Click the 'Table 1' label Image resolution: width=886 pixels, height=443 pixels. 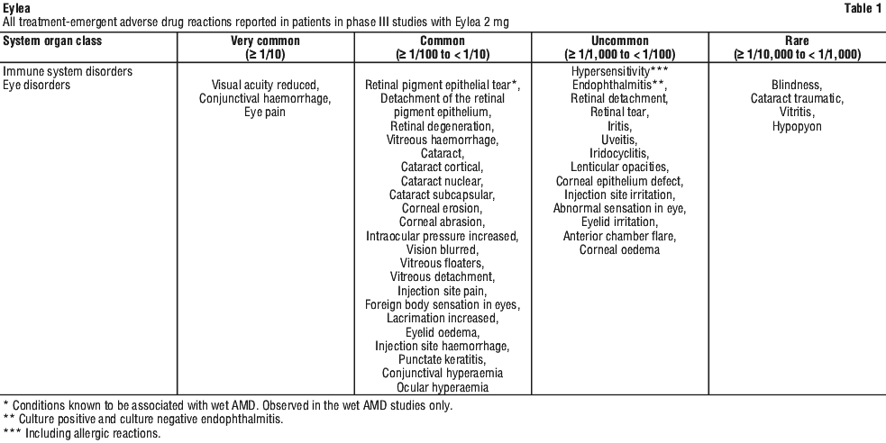point(863,8)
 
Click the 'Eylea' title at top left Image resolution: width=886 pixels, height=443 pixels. point(16,8)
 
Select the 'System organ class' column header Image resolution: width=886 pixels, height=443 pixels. point(52,41)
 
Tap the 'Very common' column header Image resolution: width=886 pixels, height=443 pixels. point(265,41)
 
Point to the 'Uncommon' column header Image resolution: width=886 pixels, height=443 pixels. point(620,41)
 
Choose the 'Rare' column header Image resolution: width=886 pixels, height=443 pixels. point(797,41)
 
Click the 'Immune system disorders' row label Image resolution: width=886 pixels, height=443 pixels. point(68,72)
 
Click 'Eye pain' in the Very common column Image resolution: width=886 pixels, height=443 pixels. point(265,113)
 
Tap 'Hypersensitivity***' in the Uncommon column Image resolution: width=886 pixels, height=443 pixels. point(620,72)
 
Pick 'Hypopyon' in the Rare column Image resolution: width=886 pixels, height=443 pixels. point(797,126)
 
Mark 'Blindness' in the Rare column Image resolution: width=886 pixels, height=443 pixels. point(797,86)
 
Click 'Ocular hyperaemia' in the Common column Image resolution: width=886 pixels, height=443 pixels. point(443,387)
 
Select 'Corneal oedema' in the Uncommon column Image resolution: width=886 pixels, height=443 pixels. point(620,249)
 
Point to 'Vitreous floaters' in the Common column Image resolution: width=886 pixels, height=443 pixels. point(443,263)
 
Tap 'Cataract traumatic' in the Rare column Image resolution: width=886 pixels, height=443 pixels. point(797,99)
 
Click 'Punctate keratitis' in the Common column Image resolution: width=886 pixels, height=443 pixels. point(443,359)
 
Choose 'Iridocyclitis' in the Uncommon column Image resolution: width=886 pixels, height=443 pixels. point(620,153)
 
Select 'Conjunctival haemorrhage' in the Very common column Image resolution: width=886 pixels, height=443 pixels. point(265,99)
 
